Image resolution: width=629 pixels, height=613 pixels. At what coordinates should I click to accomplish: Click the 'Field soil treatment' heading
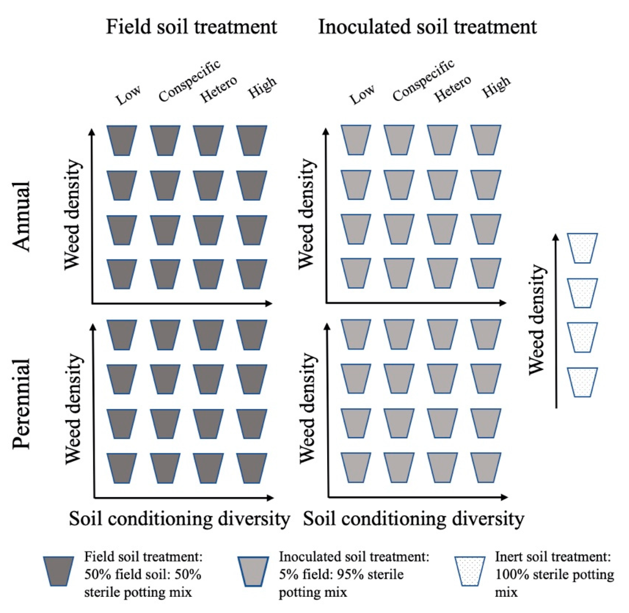point(191,26)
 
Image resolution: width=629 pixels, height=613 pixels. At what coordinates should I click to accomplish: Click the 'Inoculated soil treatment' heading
point(427,26)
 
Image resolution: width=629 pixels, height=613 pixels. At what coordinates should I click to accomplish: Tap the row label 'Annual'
point(21,216)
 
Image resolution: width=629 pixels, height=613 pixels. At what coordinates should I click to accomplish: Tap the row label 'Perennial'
point(21,404)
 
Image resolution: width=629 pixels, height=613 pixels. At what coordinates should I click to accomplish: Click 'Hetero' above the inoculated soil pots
point(452,89)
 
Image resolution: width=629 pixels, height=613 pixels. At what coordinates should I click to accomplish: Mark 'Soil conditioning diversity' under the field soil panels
point(179,519)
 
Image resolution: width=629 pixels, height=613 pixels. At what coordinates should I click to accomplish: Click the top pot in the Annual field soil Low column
point(122,140)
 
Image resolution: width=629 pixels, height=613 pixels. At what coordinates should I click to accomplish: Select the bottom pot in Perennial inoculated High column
point(486,468)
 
